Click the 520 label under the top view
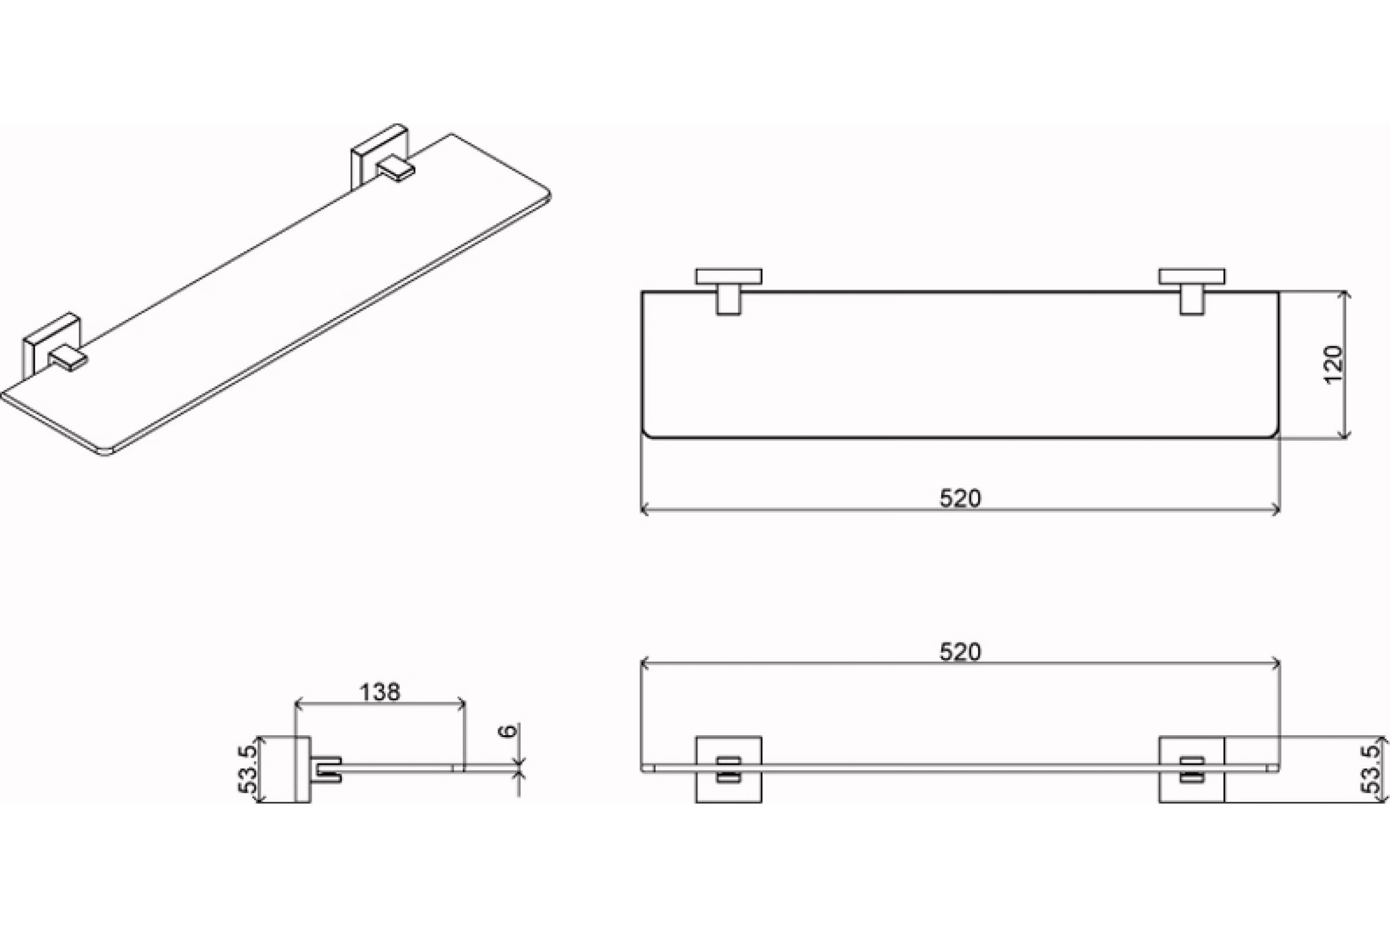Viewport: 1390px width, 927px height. tap(960, 498)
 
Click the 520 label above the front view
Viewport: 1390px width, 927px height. tap(960, 652)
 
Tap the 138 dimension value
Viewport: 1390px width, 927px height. tap(380, 692)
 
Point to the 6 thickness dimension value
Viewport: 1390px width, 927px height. tap(508, 731)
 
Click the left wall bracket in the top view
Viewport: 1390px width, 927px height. tap(729, 292)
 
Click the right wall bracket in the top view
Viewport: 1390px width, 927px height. tap(1192, 292)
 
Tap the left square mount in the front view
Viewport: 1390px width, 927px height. tap(729, 769)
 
